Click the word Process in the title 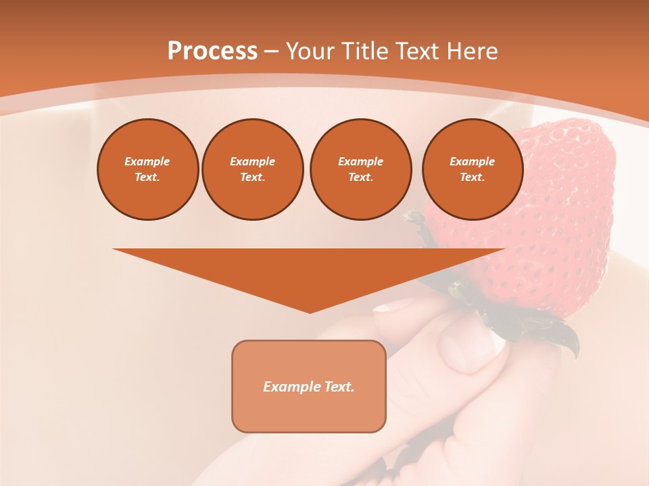212,51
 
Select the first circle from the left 147,169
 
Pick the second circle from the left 252,169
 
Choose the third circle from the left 360,169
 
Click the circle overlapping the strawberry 472,169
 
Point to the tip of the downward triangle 310,312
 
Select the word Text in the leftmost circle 147,177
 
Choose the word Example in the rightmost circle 472,161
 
